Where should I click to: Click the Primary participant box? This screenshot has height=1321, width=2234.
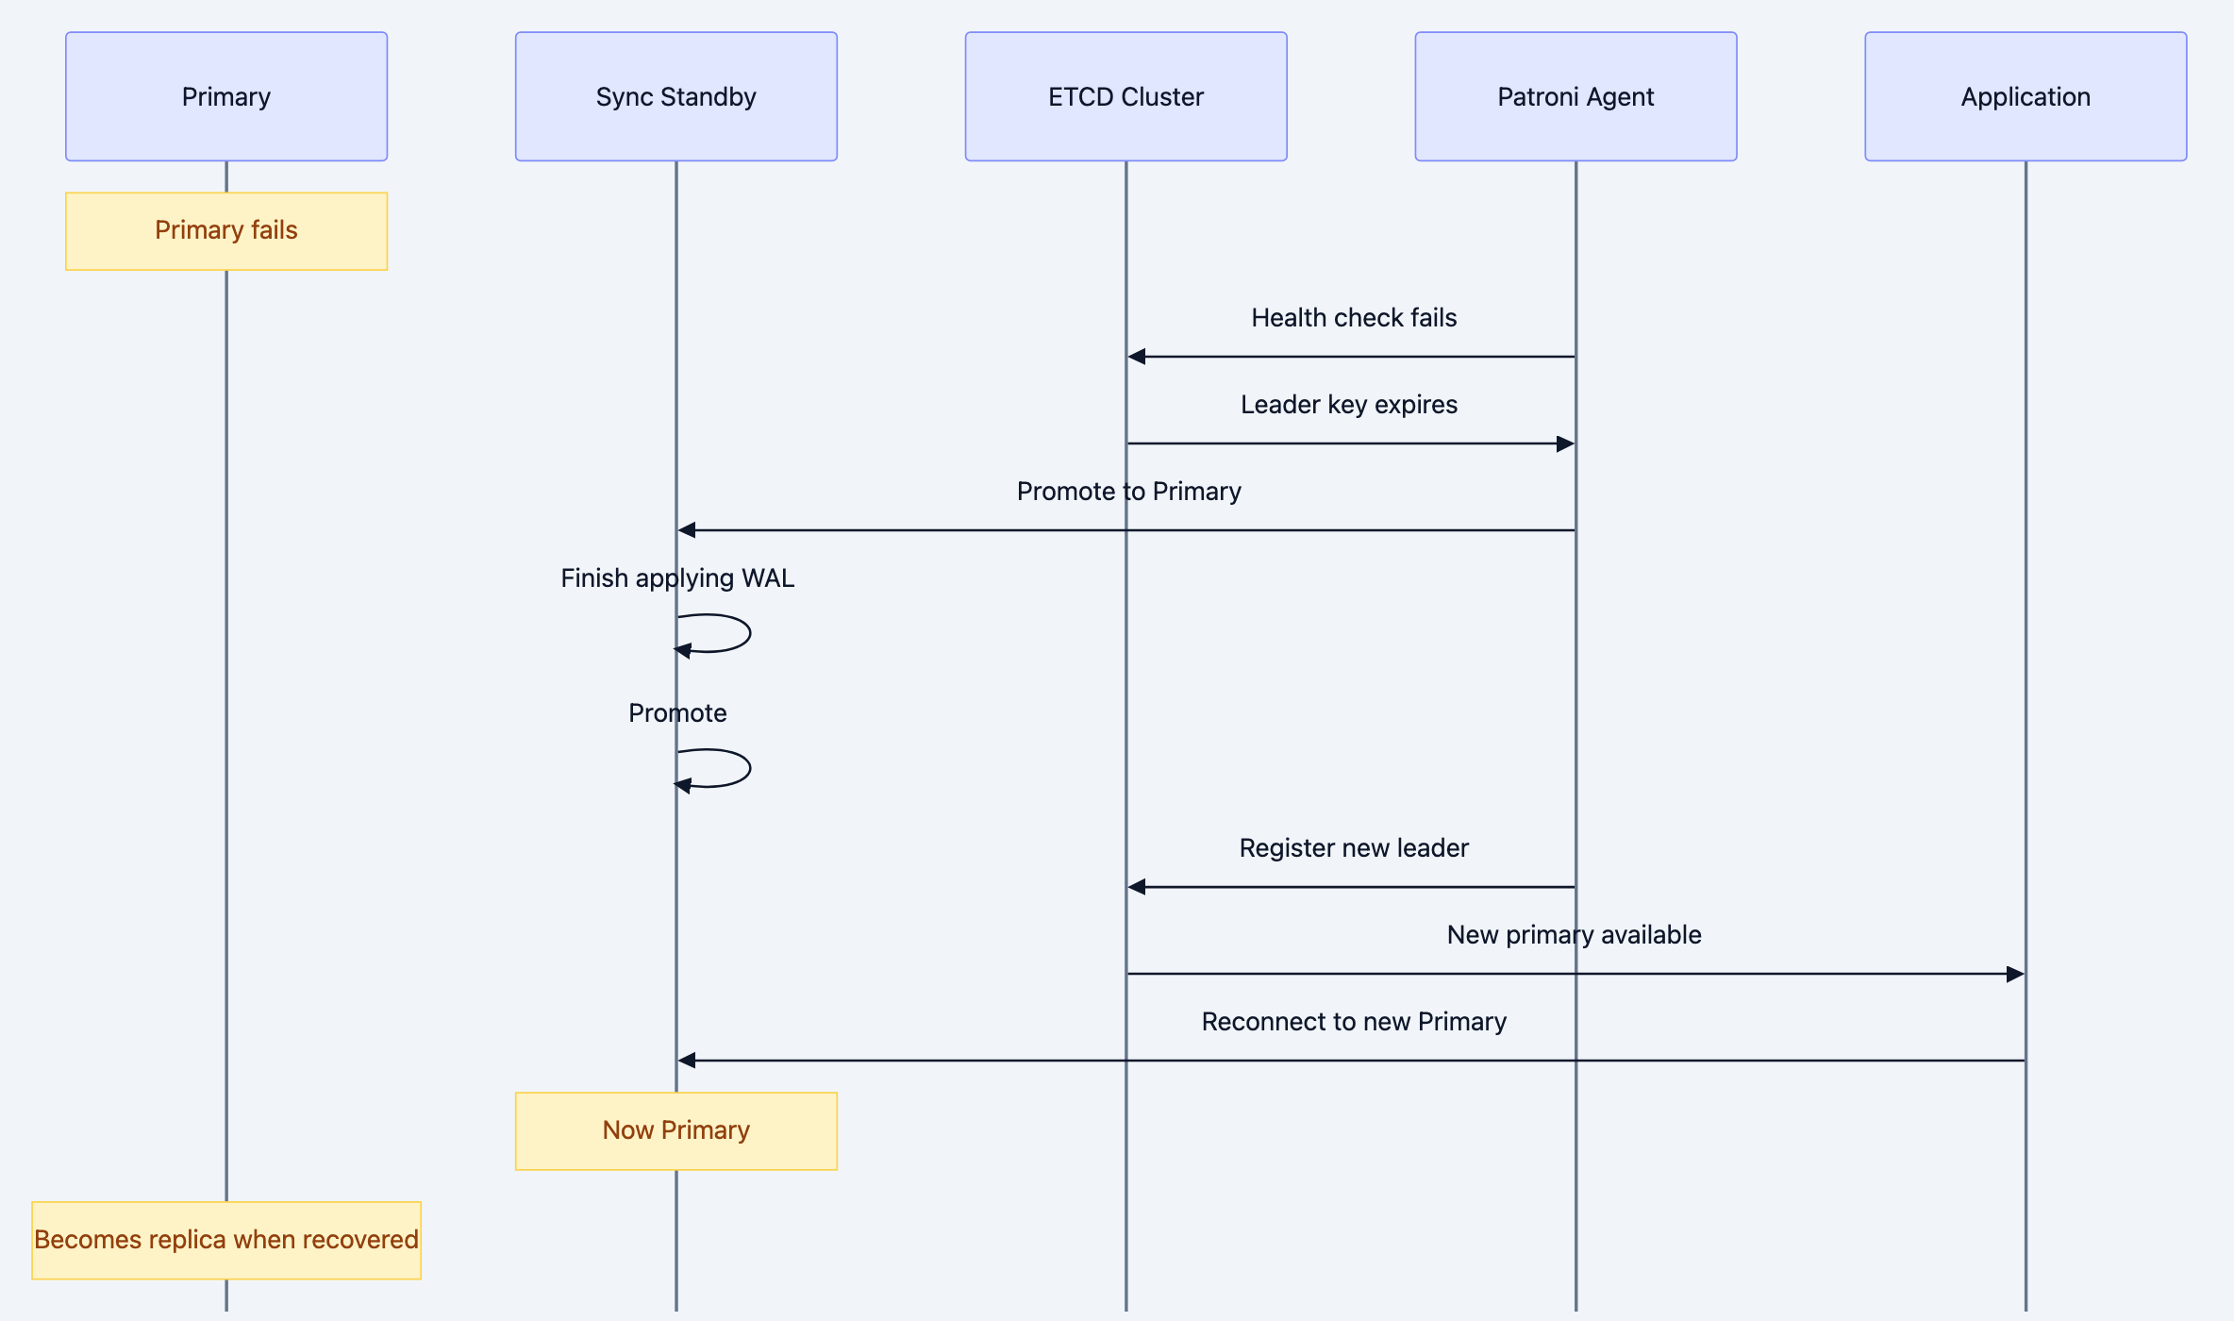coord(226,96)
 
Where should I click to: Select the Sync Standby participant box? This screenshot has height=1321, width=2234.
coord(675,96)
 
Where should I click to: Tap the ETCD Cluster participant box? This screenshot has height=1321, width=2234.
coord(1125,96)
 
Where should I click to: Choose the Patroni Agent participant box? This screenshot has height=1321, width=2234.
coord(1575,96)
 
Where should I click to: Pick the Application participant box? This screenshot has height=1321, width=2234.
coord(2026,96)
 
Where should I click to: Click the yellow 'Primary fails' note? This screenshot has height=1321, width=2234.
coord(226,231)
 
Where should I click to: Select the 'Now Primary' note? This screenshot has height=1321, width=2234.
coord(675,1130)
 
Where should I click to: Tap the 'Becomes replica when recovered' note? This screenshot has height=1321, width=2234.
coord(226,1240)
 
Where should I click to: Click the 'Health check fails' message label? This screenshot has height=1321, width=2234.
coord(1353,318)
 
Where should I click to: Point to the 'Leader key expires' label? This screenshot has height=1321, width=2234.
coord(1348,405)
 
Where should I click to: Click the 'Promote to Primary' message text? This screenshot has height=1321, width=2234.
coord(1128,492)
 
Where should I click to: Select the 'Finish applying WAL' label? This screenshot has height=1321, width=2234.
coord(676,578)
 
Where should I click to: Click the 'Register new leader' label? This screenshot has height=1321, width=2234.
coord(1353,848)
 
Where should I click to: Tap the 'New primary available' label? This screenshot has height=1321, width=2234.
coord(1574,935)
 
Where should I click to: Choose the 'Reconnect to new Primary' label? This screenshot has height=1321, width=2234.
coord(1353,1022)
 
